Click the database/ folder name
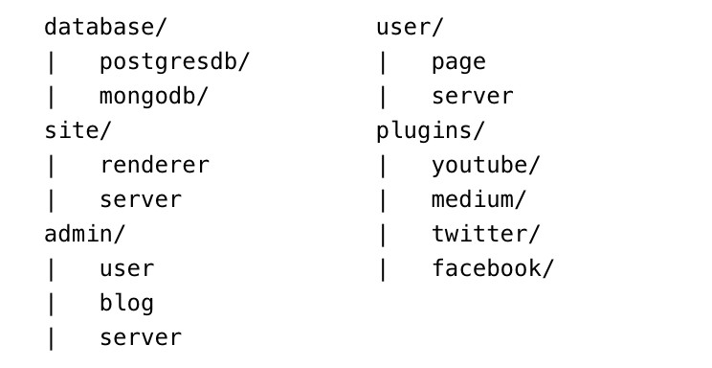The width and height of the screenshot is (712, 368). [105, 27]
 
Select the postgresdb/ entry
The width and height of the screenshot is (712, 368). [174, 62]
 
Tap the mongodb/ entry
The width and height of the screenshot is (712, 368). [153, 97]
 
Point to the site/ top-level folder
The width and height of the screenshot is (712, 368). [78, 130]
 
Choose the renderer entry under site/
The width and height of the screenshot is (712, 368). [154, 165]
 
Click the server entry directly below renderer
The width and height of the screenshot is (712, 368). [141, 200]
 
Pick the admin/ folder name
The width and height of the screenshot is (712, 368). [84, 234]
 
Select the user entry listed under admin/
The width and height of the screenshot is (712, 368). [126, 269]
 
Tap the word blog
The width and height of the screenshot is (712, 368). [126, 304]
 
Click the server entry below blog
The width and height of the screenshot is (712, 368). [141, 338]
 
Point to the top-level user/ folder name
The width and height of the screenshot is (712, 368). [410, 27]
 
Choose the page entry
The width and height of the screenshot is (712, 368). [458, 63]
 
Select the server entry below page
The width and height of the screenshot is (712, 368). [472, 97]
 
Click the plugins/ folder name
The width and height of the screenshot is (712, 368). [431, 131]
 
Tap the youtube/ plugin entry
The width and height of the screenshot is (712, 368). [485, 166]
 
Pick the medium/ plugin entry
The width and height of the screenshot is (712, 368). [478, 200]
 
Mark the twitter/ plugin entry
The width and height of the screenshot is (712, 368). [485, 234]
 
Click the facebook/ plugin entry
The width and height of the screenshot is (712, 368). [493, 268]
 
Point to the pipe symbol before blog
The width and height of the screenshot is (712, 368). [51, 305]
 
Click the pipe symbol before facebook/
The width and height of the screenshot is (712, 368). [383, 269]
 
